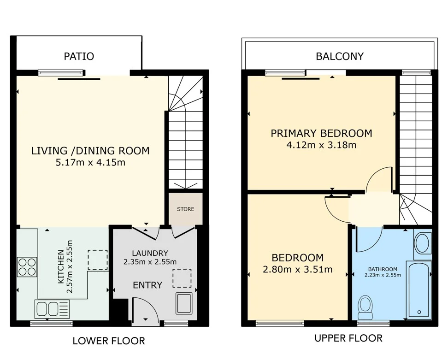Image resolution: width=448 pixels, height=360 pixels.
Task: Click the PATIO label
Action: [x=79, y=56]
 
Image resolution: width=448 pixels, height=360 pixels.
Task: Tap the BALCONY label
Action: [x=340, y=56]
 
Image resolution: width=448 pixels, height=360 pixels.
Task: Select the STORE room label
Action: [x=185, y=209]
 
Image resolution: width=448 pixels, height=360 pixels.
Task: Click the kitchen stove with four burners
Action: [x=27, y=267]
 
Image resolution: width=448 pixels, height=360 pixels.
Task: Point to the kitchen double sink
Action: [x=52, y=309]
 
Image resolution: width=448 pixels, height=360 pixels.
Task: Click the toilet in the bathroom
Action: [x=365, y=307]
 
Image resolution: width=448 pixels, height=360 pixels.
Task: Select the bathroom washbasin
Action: [x=423, y=243]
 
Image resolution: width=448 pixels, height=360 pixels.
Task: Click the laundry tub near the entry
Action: [x=184, y=303]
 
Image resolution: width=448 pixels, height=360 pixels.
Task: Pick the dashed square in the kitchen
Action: [x=98, y=260]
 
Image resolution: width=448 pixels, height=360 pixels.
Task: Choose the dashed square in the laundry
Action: [x=182, y=278]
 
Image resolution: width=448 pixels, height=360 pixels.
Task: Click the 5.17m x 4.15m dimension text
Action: [x=90, y=163]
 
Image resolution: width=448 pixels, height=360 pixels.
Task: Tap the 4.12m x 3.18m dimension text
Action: [x=321, y=145]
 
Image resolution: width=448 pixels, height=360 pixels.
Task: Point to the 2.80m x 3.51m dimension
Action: [x=298, y=270]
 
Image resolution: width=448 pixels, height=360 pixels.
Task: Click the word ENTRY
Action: [x=147, y=285]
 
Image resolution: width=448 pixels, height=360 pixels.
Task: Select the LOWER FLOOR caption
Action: [x=109, y=341]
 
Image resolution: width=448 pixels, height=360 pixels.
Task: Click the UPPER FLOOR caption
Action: [x=348, y=338]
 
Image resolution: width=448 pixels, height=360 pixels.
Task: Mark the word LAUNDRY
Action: [x=150, y=253]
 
